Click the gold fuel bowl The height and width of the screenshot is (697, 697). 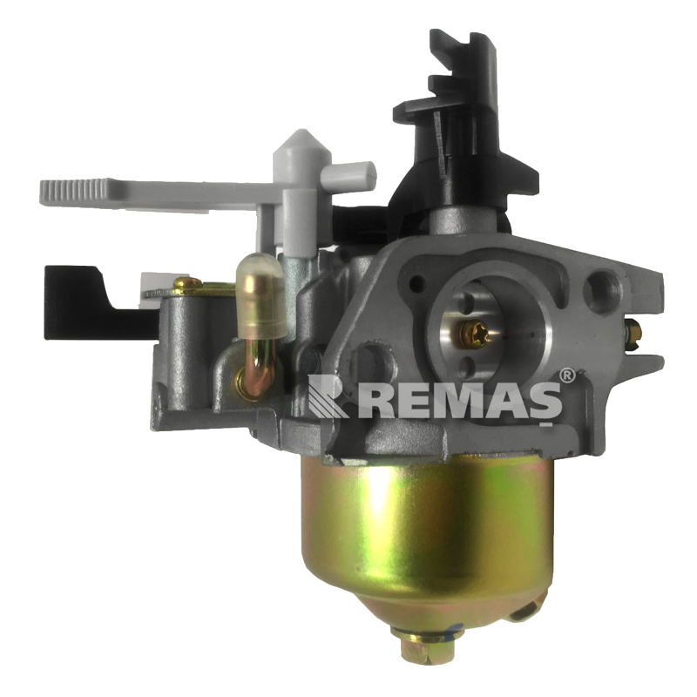(x=427, y=533)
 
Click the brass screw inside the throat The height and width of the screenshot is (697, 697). (x=473, y=334)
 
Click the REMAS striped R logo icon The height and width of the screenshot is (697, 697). (x=328, y=396)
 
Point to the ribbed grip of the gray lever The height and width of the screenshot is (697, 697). (x=73, y=192)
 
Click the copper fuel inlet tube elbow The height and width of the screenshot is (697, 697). (x=257, y=369)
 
